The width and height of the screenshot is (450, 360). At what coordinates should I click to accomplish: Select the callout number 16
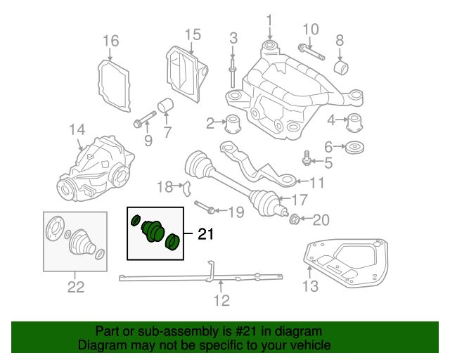[x=111, y=41]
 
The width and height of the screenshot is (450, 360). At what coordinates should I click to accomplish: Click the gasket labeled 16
[x=112, y=84]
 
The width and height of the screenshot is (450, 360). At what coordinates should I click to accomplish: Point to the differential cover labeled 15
[x=184, y=73]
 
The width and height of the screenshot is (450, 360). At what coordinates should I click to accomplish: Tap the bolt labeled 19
[x=204, y=209]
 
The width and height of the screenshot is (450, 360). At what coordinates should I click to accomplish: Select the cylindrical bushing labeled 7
[x=167, y=107]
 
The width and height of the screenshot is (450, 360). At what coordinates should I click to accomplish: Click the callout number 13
[x=309, y=285]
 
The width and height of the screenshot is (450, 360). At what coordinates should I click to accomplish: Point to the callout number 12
[x=221, y=300]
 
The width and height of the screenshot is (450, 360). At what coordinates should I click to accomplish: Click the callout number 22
[x=75, y=286]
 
